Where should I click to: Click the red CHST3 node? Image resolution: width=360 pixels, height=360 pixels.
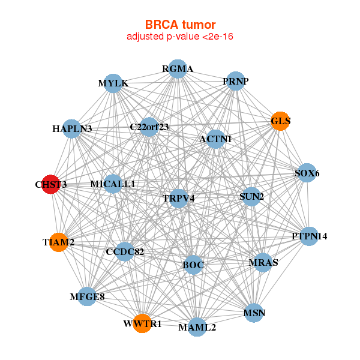coord(50,185)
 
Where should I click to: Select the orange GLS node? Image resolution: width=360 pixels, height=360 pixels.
coord(280,121)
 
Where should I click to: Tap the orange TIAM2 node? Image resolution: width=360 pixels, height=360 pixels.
coord(58,242)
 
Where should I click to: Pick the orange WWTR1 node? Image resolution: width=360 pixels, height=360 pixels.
coord(143,323)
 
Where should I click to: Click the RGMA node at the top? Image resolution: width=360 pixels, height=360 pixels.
coord(177,69)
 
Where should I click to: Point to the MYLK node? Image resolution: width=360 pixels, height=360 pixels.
coord(113,83)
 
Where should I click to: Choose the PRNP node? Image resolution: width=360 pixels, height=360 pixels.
coord(235,81)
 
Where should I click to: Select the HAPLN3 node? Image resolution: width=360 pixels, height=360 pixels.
coord(72,128)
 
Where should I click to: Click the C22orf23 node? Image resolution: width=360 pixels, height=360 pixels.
coord(149,127)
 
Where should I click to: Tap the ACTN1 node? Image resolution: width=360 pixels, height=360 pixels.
coord(215,139)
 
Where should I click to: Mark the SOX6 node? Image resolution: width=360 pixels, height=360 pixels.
coord(307,173)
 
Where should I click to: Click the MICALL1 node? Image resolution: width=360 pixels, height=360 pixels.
coord(113,184)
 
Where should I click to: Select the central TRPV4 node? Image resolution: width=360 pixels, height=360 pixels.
coord(179,198)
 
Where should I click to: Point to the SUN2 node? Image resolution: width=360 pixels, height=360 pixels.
coord(251,196)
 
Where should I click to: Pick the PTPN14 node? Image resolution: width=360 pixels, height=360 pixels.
coord(309,236)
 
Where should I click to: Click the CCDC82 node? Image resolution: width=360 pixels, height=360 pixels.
coord(125,251)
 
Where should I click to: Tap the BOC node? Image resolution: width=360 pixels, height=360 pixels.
coord(193,264)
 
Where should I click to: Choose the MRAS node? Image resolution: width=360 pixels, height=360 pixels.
coord(263,263)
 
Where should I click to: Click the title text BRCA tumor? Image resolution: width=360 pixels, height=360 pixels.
coord(180,25)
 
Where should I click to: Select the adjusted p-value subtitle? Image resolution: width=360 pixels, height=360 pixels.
coord(180,37)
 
